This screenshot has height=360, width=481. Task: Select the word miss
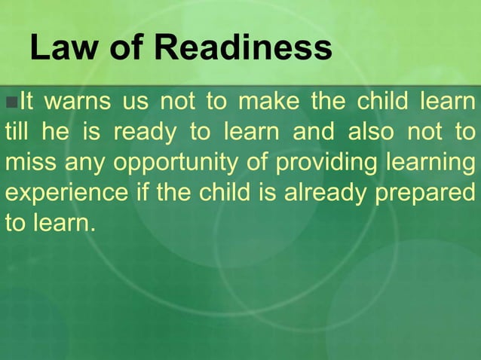[30, 162]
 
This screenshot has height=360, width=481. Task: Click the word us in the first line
[136, 101]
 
